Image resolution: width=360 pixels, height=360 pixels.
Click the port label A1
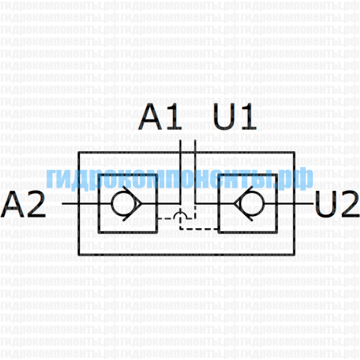(x=160, y=119)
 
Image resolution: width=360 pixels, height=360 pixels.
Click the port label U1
(x=235, y=119)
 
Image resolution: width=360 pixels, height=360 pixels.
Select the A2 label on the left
(x=24, y=206)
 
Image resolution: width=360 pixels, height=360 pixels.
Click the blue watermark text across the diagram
(x=180, y=178)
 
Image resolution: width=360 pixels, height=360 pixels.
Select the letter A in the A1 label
(x=151, y=119)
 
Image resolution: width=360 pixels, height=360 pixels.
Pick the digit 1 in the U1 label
(x=247, y=119)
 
